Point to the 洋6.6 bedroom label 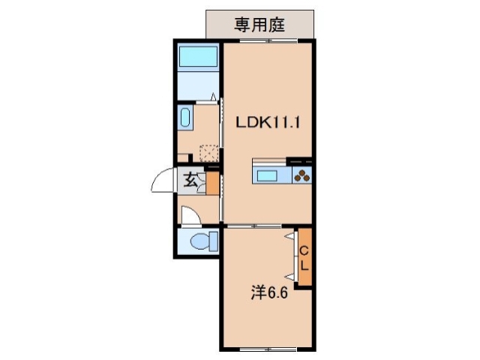pyautogui.click(x=269, y=292)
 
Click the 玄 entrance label pyautogui.click(x=191, y=180)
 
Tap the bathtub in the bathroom pyautogui.click(x=198, y=56)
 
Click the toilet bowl pyautogui.click(x=200, y=241)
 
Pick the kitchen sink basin pyautogui.click(x=268, y=176)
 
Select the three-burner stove pyautogui.click(x=301, y=176)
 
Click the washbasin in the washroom pyautogui.click(x=186, y=118)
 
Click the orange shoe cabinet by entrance pyautogui.click(x=212, y=184)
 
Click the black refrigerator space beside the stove pyautogui.click(x=300, y=161)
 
